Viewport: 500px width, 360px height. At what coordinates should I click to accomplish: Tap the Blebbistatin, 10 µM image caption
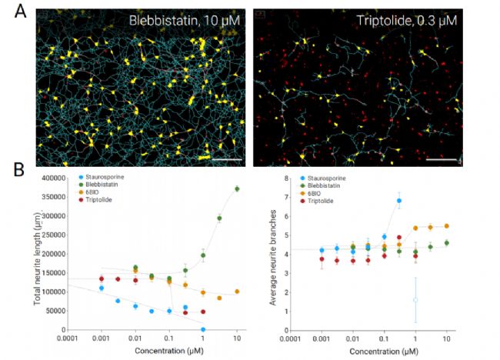coord(188,21)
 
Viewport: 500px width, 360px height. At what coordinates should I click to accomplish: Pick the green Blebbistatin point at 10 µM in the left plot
coord(238,188)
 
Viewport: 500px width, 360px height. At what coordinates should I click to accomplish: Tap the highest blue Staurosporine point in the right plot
coord(399,201)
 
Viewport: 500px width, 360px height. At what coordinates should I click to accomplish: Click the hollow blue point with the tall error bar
coord(415,300)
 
